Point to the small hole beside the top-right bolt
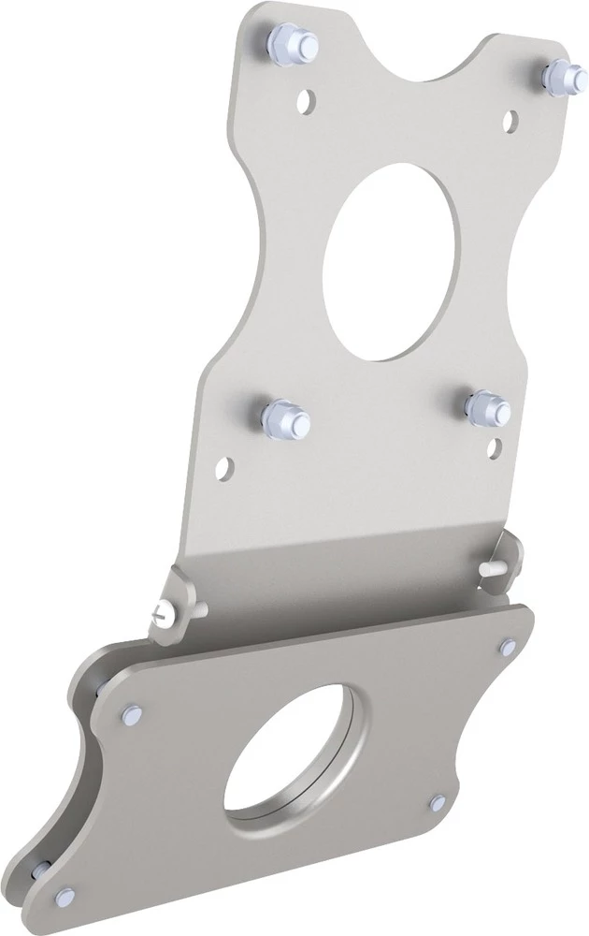510,119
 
